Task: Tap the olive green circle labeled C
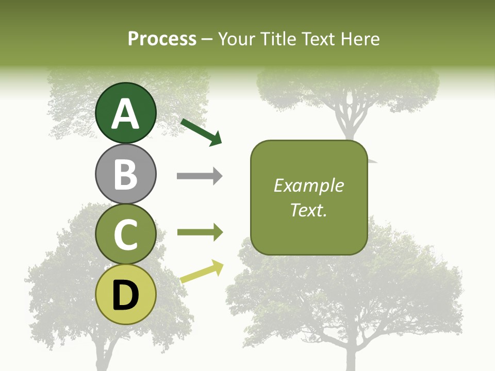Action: coord(126,234)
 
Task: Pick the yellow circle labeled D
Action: coord(126,294)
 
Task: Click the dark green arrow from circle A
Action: coord(201,131)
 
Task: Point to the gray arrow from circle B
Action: coord(200,176)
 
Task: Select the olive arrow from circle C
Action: coord(200,233)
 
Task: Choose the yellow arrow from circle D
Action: coord(202,272)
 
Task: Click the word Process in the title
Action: coord(162,39)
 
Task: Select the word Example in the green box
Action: coord(309,185)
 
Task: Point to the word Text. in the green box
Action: coord(309,210)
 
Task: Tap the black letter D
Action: coord(126,295)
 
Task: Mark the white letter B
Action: coord(126,174)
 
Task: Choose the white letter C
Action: coord(126,235)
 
